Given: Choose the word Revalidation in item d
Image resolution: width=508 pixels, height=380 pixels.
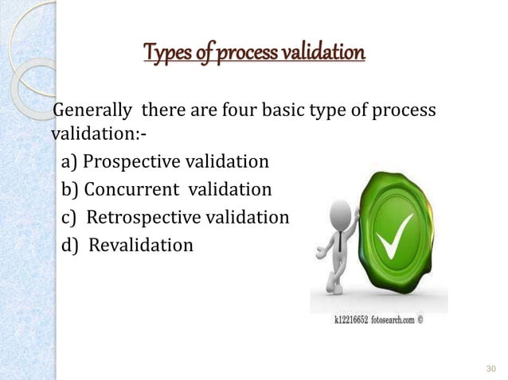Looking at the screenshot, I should click(140, 245).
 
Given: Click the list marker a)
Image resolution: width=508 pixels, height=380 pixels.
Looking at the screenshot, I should click(69, 163).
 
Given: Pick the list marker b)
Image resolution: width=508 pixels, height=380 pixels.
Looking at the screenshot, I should click(69, 190).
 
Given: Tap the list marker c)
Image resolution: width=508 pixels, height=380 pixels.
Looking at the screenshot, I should click(69, 217).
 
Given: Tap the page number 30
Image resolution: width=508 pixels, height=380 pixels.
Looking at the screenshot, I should click(490, 369).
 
